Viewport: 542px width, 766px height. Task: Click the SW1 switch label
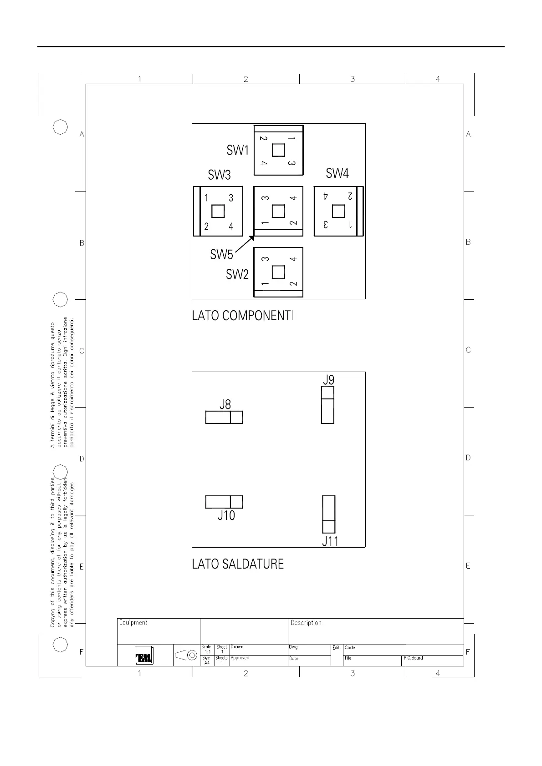(237, 150)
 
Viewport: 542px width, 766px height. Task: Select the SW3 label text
(219, 175)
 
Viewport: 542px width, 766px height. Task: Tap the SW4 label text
(337, 173)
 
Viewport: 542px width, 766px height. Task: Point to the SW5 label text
(221, 254)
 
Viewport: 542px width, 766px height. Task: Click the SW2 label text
(237, 274)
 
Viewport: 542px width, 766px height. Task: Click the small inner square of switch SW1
(278, 150)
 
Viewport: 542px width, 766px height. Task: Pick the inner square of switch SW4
(338, 211)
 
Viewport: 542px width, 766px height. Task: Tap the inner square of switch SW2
(278, 272)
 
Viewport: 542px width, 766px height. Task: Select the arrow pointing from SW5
(245, 244)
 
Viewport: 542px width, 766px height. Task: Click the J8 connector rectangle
(224, 417)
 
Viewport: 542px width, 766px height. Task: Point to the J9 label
(329, 379)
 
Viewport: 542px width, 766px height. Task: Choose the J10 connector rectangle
(224, 502)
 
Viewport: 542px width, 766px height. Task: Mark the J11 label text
(330, 541)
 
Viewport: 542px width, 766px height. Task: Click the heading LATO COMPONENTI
(242, 316)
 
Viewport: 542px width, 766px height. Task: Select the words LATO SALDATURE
(238, 564)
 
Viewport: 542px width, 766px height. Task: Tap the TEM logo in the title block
(144, 655)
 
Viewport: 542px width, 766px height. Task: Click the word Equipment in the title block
(133, 623)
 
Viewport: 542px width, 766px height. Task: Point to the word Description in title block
(306, 623)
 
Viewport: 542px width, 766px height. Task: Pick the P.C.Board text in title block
(413, 658)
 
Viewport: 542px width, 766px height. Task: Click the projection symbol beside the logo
(186, 655)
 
